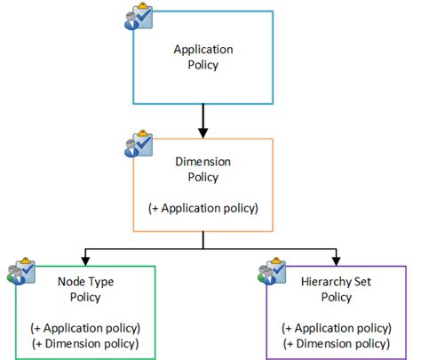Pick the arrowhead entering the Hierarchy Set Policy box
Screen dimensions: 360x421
(x=336, y=260)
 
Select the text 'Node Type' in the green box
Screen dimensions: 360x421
(x=84, y=282)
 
